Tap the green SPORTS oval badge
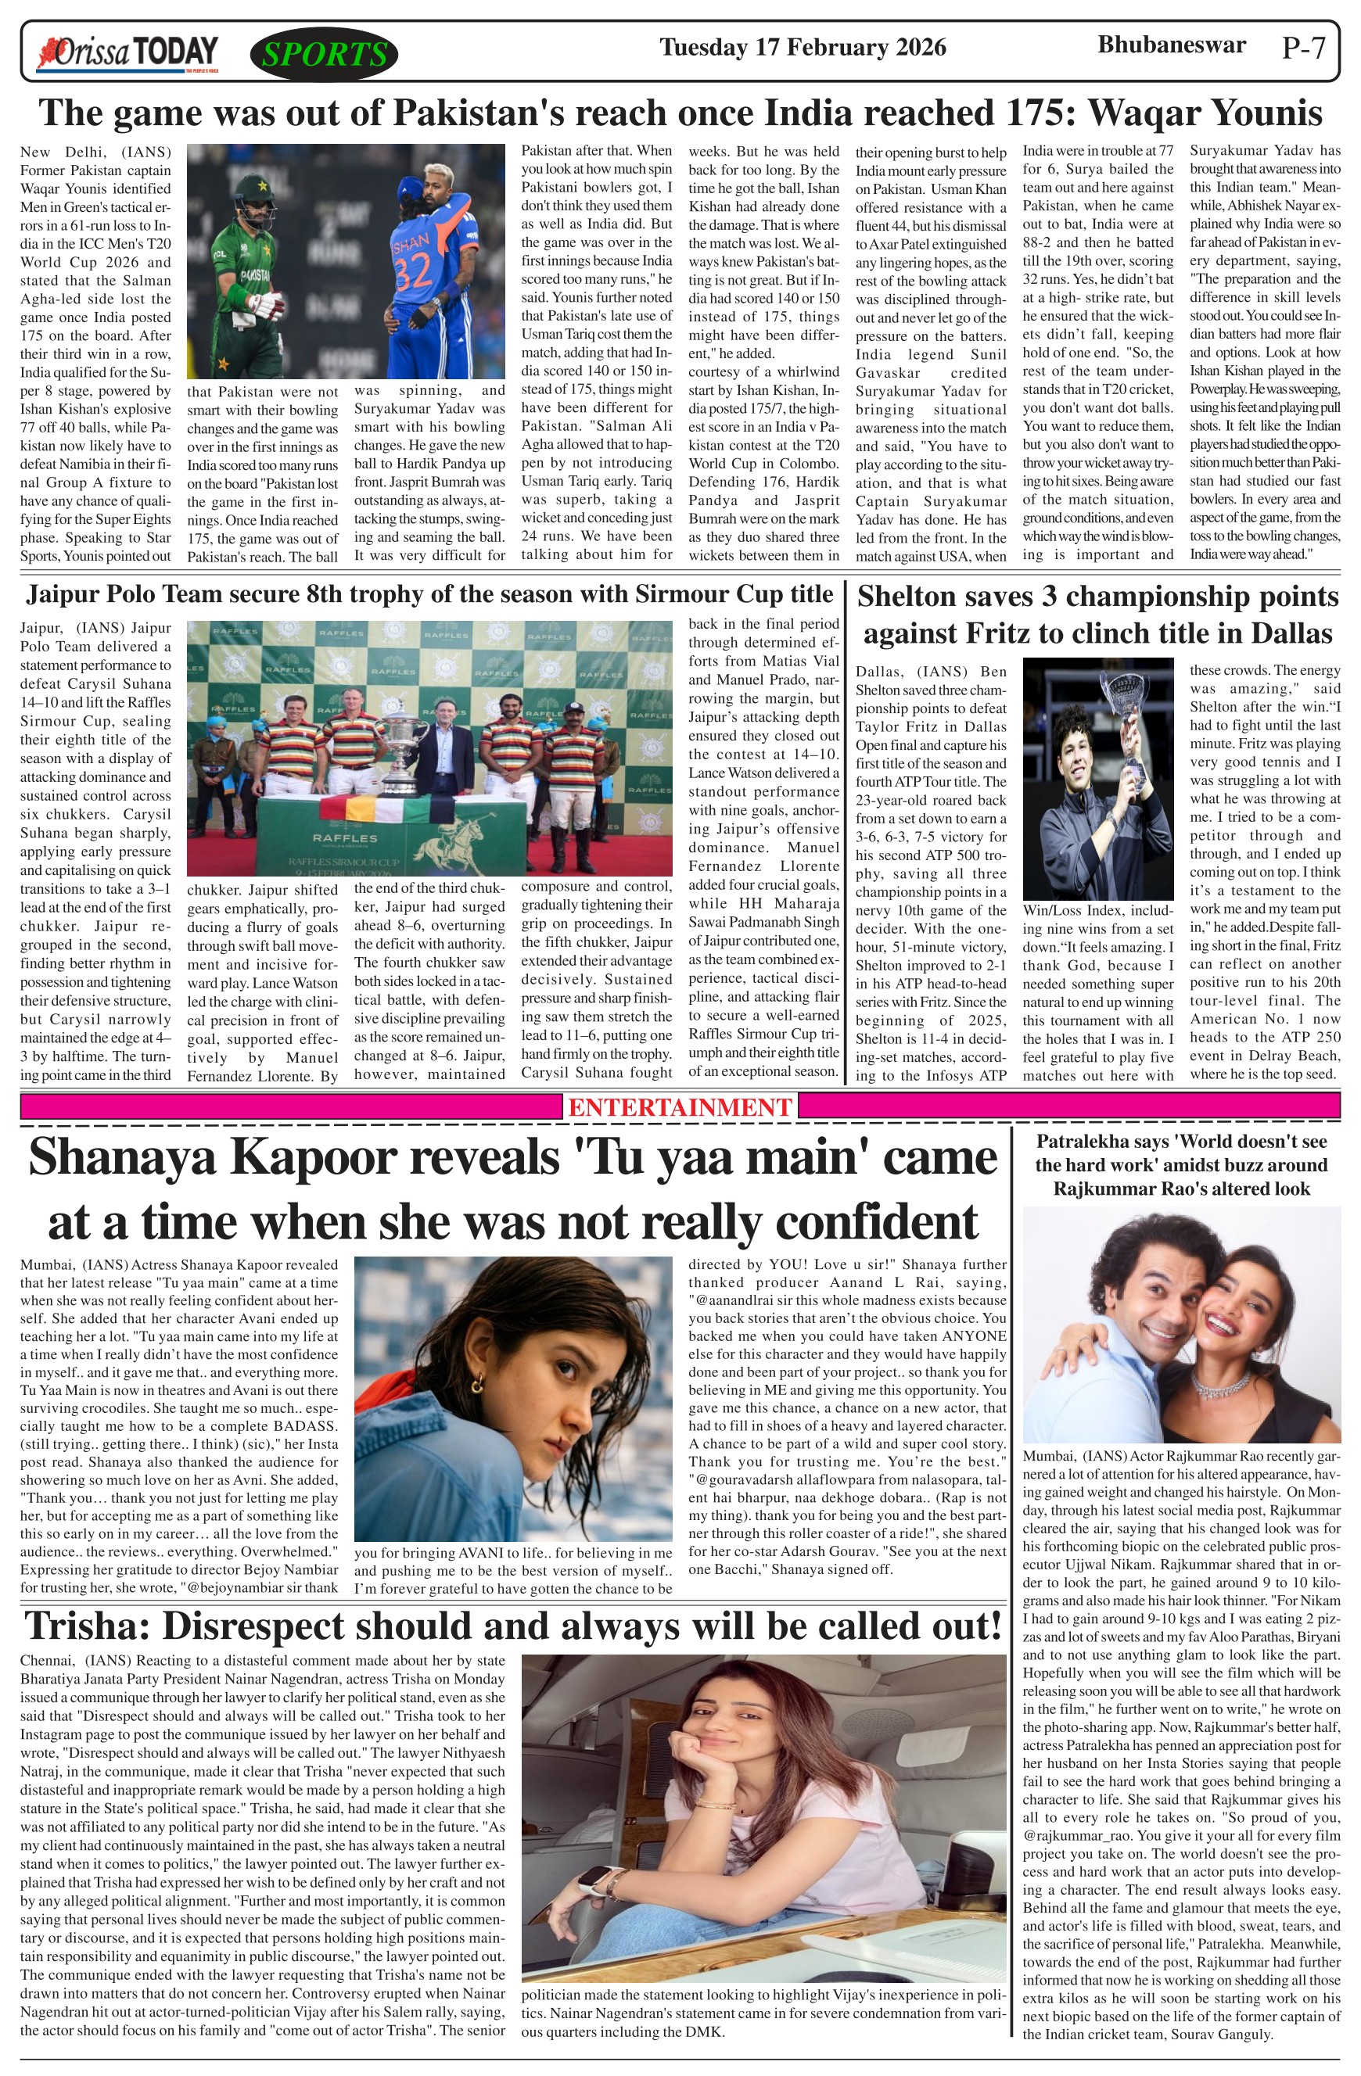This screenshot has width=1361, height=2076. tap(324, 54)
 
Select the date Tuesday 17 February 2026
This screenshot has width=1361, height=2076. tap(803, 47)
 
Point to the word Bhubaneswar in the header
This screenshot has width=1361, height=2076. tap(1171, 45)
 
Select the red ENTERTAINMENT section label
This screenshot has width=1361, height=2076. tap(680, 1107)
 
